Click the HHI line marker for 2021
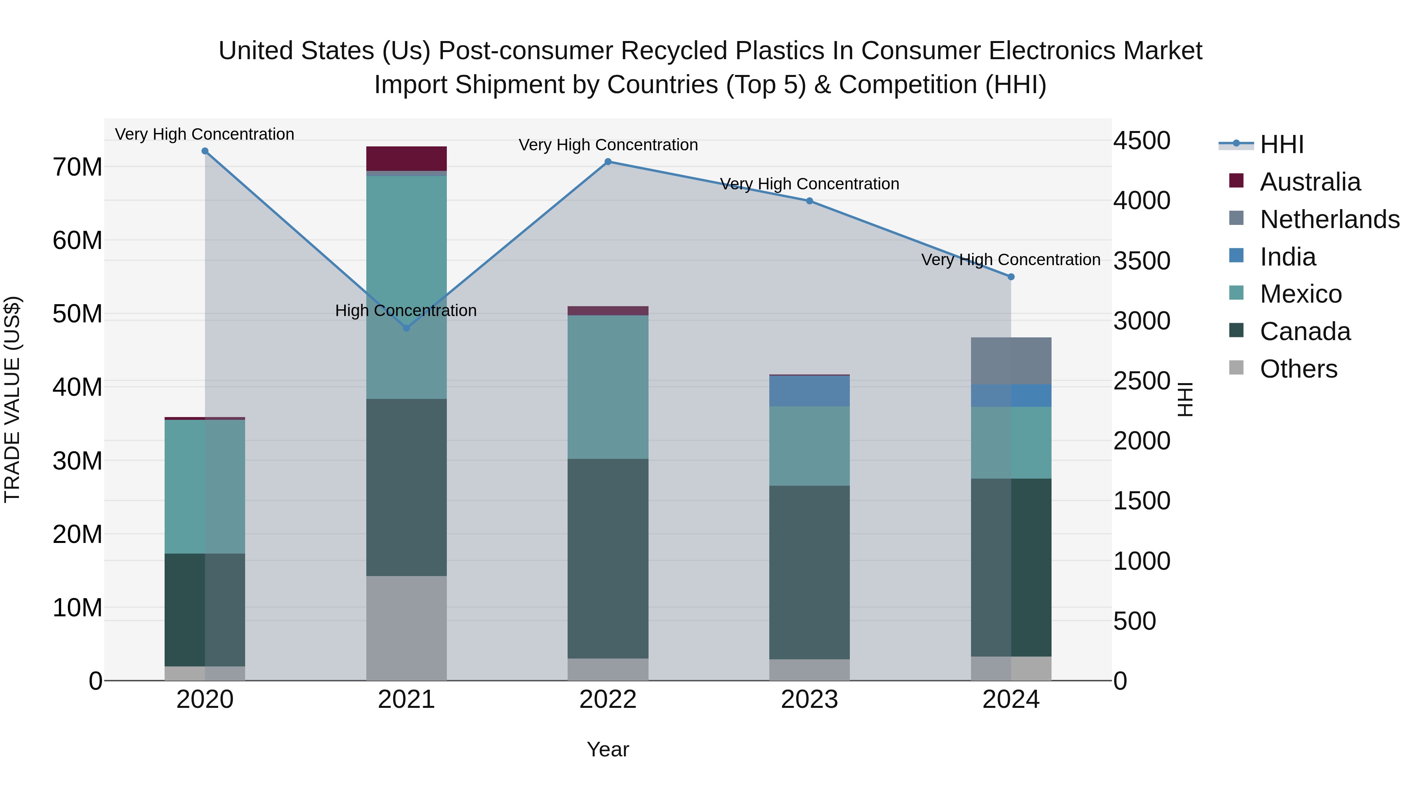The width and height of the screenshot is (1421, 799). [407, 328]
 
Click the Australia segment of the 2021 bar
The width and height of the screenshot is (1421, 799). [407, 159]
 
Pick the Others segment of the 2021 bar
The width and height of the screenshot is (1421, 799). [407, 628]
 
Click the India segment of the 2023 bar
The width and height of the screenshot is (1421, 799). [809, 391]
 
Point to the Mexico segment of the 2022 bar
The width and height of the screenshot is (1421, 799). [608, 387]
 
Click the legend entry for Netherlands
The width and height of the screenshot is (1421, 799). [1329, 219]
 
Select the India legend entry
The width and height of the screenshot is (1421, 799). [1288, 257]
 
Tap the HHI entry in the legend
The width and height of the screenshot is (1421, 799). [1281, 144]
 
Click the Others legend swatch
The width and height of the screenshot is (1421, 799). [1236, 368]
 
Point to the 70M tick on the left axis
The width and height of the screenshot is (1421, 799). [77, 167]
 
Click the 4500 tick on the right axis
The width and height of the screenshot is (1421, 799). [1141, 140]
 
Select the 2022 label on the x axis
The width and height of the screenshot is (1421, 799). [608, 700]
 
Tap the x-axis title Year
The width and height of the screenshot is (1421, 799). [607, 749]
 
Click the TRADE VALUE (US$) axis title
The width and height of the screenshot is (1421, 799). [12, 399]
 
